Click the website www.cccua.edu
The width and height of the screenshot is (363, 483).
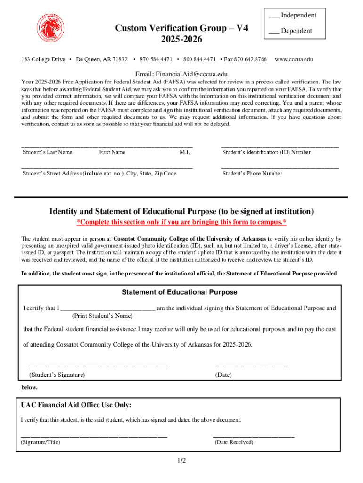click(x=294, y=59)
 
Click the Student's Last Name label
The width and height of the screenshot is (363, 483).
click(x=48, y=152)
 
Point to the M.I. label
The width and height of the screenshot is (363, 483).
click(x=184, y=152)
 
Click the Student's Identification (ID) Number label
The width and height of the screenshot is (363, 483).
click(x=266, y=152)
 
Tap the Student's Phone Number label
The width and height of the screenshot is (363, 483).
click(x=252, y=173)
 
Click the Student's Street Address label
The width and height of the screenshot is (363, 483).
click(x=99, y=173)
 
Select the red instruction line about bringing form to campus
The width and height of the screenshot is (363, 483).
click(x=181, y=222)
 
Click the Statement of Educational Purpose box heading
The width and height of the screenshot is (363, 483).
click(x=180, y=292)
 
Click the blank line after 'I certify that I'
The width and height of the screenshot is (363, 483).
click(x=108, y=308)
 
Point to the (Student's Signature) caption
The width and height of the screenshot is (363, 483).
click(x=57, y=375)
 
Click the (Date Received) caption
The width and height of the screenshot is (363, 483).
click(x=234, y=442)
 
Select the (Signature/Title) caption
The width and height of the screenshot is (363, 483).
click(x=41, y=442)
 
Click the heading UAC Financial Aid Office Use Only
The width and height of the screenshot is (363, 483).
click(x=76, y=405)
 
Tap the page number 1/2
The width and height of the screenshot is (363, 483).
click(x=181, y=461)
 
